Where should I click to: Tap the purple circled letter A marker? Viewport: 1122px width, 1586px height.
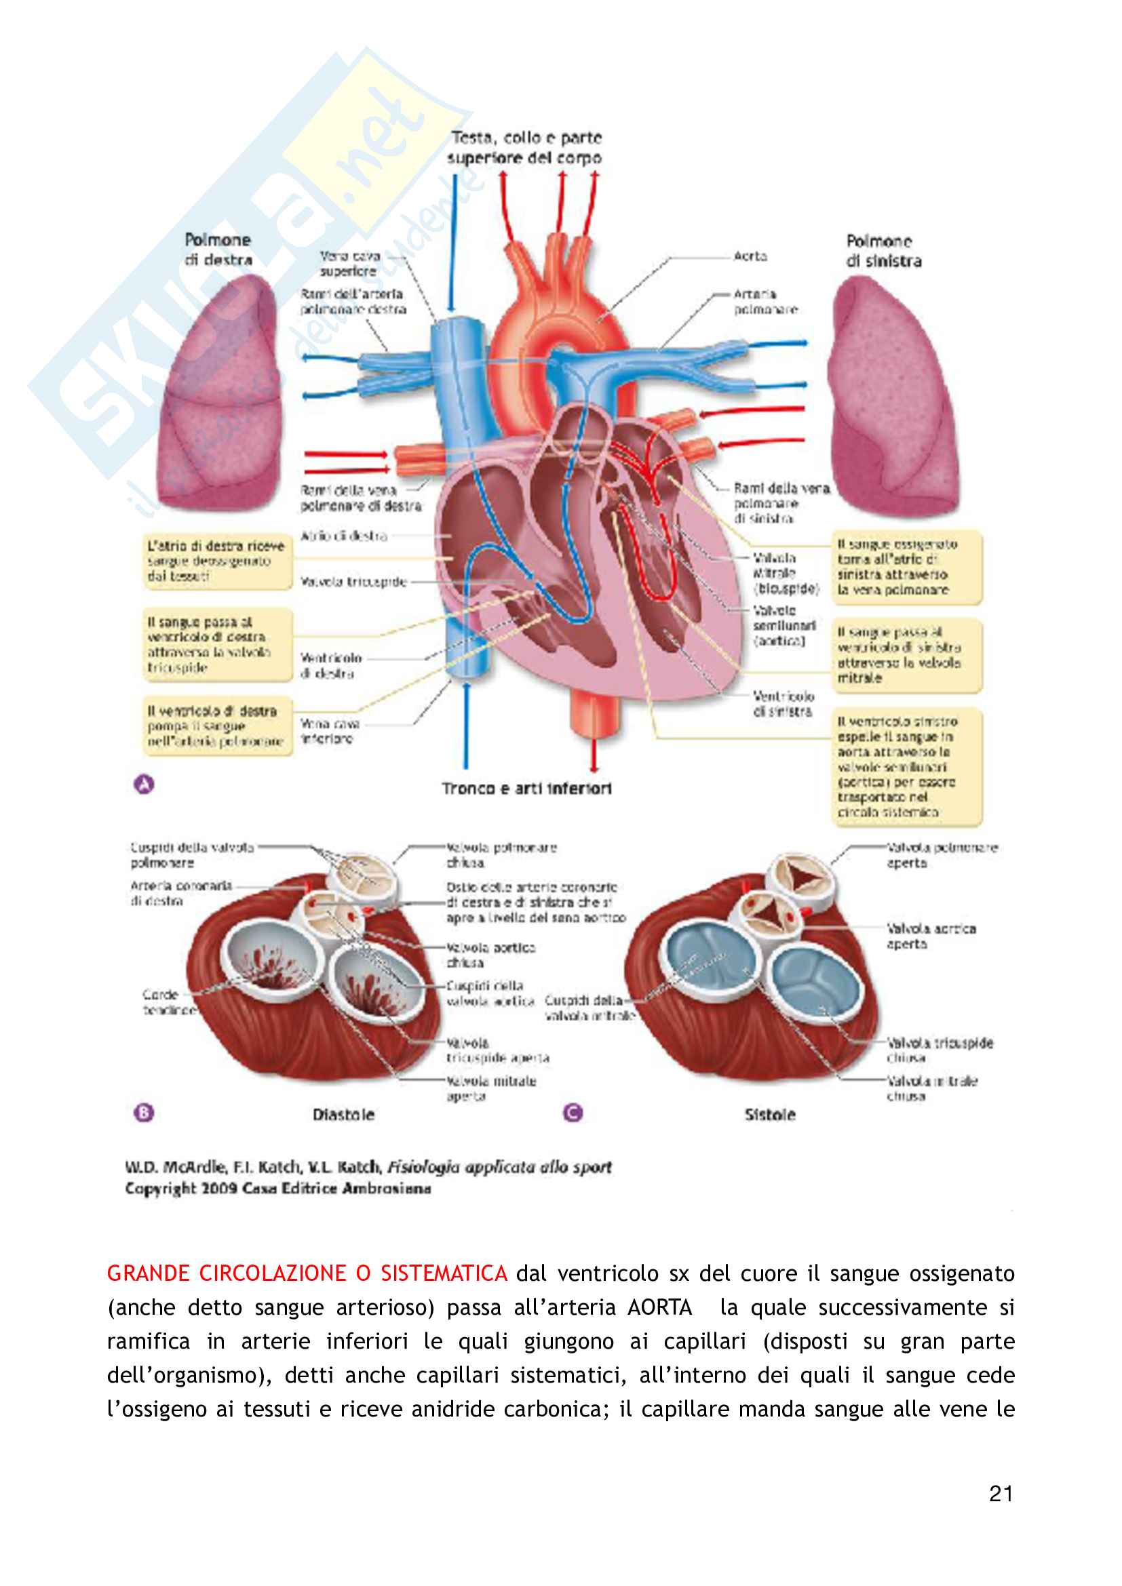pyautogui.click(x=144, y=785)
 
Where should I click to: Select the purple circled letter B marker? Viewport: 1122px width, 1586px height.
pyautogui.click(x=144, y=1113)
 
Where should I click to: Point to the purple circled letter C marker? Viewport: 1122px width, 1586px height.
pyautogui.click(x=573, y=1113)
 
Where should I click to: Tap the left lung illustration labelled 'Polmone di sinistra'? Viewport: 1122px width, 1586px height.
pyautogui.click(x=895, y=397)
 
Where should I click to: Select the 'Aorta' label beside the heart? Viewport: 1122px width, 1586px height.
pyautogui.click(x=750, y=256)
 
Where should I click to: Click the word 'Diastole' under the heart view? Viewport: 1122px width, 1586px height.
pyautogui.click(x=343, y=1115)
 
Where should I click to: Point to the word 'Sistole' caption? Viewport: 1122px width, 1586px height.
pyautogui.click(x=770, y=1115)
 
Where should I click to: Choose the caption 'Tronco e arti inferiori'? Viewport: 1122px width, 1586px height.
pyautogui.click(x=526, y=788)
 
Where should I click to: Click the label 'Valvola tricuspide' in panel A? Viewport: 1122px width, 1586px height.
pyautogui.click(x=353, y=582)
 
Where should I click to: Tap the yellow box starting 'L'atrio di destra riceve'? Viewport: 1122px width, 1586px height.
pyautogui.click(x=216, y=561)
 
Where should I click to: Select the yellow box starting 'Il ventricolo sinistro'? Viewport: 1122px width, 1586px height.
pyautogui.click(x=906, y=767)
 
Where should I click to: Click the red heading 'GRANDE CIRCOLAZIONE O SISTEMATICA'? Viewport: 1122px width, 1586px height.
pyautogui.click(x=307, y=1273)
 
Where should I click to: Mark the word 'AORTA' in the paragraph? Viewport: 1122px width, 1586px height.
pyautogui.click(x=659, y=1307)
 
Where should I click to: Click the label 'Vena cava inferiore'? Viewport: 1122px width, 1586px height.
pyautogui.click(x=330, y=731)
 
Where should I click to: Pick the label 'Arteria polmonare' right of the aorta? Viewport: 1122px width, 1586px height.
pyautogui.click(x=765, y=302)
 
